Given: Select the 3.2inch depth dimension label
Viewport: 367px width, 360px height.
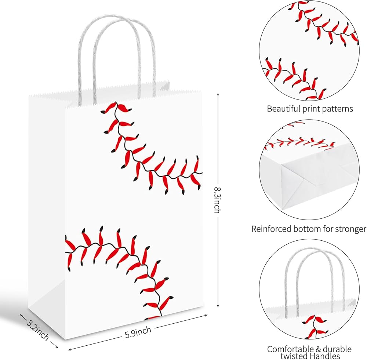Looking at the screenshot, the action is [x=37, y=330].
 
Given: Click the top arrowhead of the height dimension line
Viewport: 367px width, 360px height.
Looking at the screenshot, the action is [x=218, y=94].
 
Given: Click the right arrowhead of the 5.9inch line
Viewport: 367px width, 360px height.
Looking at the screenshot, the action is [x=206, y=316].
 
